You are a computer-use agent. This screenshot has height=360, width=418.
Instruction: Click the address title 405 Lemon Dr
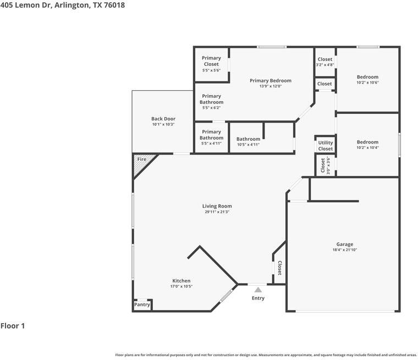coord(62,5)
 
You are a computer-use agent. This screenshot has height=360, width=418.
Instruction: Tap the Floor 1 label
coord(13,326)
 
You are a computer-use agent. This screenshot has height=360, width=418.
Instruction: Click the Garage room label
coord(345,245)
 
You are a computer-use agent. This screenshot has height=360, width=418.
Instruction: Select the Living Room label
coord(217,206)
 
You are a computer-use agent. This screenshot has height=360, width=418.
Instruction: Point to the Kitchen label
coord(181,281)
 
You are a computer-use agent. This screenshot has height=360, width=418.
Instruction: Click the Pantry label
coord(142,304)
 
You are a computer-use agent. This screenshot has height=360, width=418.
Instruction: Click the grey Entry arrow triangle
coord(258,290)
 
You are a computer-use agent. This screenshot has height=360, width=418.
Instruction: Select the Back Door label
coord(163,119)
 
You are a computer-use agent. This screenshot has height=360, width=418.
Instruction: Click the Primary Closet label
coord(211,61)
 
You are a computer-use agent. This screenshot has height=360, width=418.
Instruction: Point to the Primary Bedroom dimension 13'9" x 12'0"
coord(270,86)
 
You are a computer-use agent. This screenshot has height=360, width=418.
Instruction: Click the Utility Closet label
coord(325,146)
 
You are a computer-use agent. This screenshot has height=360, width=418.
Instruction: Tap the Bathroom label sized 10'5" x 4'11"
coord(248,139)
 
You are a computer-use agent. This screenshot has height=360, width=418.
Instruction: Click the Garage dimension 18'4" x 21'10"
coord(345,250)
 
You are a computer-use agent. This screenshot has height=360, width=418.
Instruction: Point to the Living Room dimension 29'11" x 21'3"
coord(217,212)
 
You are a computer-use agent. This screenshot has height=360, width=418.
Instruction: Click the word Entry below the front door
coord(258,298)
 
